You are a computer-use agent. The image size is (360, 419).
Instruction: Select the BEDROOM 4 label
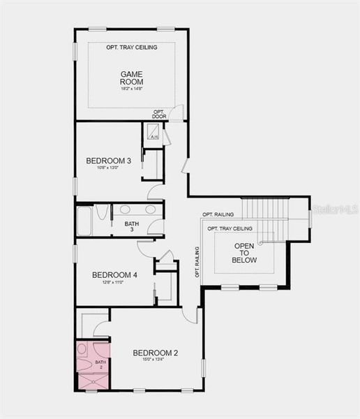[114, 275]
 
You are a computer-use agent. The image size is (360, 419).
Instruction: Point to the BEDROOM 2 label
[156, 353]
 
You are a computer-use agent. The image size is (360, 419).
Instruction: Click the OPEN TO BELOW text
[245, 253]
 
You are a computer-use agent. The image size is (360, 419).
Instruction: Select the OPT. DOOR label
[159, 114]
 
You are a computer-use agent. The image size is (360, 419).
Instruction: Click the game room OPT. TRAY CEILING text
[131, 47]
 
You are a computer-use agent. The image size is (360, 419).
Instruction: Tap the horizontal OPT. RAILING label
[218, 214]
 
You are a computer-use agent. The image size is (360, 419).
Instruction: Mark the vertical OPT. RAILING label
[197, 263]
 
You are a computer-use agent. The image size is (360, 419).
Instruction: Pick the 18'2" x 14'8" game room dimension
[131, 89]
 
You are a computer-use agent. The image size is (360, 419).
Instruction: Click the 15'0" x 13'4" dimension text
[156, 360]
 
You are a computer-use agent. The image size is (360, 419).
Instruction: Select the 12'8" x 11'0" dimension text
[114, 283]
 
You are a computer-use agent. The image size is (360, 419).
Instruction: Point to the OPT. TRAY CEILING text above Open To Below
[230, 229]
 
